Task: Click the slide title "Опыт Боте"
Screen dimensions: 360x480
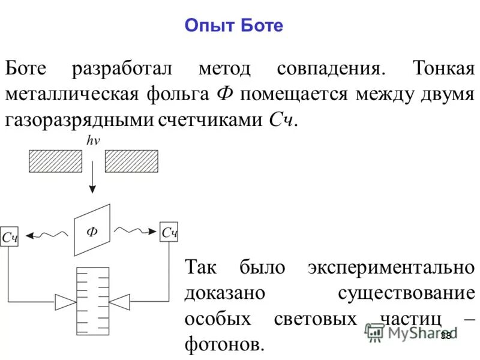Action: tap(233, 26)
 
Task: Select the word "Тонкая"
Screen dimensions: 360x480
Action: tap(443, 68)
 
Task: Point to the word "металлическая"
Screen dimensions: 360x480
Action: tap(74, 94)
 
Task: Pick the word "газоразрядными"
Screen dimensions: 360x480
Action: tap(79, 120)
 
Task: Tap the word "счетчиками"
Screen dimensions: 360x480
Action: tap(208, 120)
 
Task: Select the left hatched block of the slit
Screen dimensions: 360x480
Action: tap(55, 161)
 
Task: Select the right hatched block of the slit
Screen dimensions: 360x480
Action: tap(131, 161)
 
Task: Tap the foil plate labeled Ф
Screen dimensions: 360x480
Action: tap(92, 230)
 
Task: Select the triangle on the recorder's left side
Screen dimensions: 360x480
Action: tap(63, 300)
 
